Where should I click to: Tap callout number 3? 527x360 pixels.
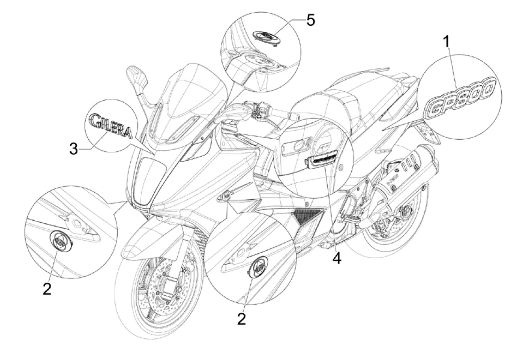coord(74,150)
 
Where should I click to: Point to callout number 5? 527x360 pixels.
coord(310,20)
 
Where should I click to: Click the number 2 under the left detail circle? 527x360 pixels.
coord(46,288)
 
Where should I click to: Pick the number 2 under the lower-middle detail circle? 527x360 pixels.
coord(241,319)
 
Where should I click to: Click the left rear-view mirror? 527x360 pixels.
coord(135,75)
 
